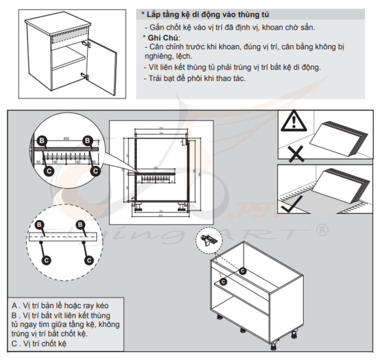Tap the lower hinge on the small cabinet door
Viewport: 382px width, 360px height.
(x=85, y=77)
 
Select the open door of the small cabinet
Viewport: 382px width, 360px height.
(x=101, y=66)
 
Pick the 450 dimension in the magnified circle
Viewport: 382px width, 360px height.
(x=66, y=139)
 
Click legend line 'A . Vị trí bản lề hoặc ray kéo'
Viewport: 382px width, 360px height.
(x=60, y=306)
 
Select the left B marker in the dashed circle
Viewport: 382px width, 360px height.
(x=40, y=225)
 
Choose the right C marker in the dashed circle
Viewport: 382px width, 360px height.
(x=89, y=260)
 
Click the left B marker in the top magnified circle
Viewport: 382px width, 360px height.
(x=42, y=141)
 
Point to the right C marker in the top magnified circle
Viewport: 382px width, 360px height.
(x=95, y=171)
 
